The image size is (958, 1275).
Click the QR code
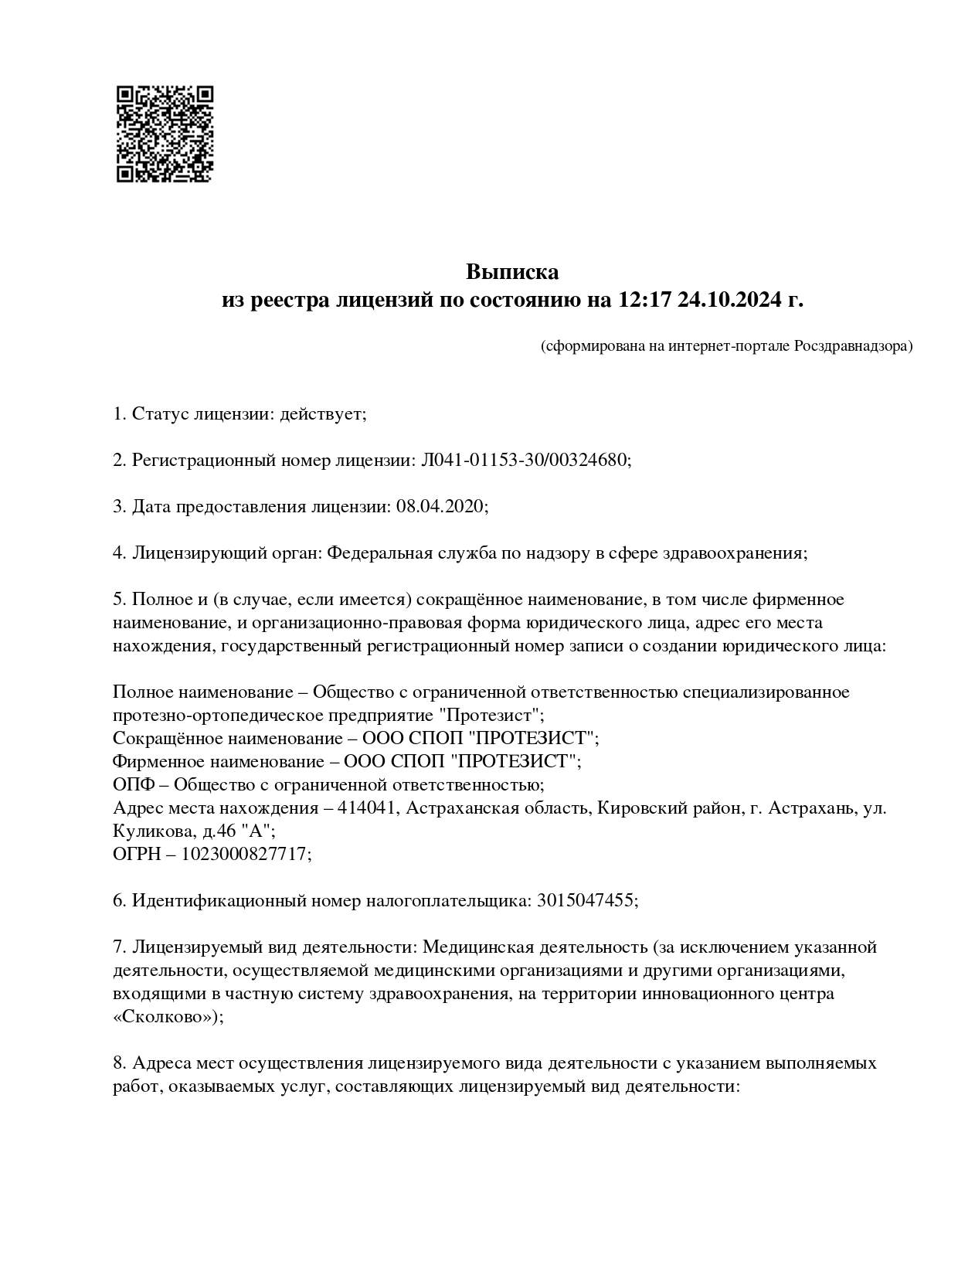point(165,134)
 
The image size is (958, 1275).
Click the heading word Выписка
point(511,272)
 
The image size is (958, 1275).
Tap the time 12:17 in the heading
point(644,300)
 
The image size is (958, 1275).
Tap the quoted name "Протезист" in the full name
point(489,714)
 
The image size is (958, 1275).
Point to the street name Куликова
point(149,831)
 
